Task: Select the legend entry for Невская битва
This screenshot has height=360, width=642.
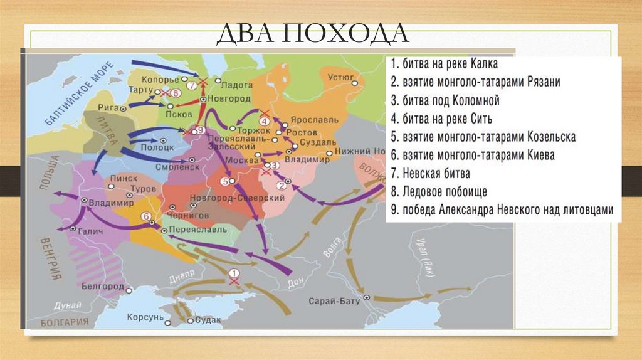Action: click(429, 173)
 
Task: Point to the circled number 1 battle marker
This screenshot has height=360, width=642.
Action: click(234, 273)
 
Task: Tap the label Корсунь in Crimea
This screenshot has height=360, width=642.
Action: click(145, 318)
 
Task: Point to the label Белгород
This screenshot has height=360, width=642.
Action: click(102, 286)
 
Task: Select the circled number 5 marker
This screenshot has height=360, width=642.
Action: click(224, 181)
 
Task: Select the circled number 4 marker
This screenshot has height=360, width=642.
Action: click(264, 120)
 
